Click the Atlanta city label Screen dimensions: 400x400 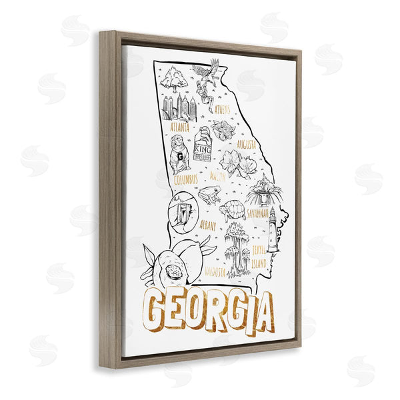180,127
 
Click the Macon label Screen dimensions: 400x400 218,177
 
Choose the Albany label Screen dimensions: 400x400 207,225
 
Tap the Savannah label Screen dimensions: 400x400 257,214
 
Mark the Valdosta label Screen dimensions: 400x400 215,271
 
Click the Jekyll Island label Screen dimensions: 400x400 259,257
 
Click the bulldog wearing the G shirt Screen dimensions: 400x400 179,156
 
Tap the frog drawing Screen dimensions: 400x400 209,195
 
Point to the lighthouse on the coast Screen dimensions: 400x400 272,229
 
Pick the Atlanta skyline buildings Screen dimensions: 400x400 176,107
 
